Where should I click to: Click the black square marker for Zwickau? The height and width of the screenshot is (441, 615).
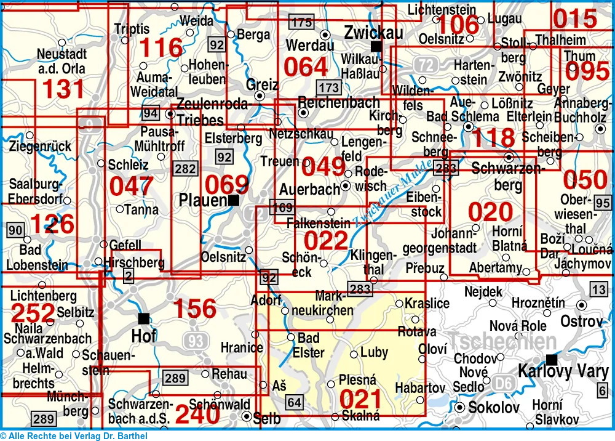(x=375, y=46)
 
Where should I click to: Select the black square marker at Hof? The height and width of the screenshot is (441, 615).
(x=144, y=318)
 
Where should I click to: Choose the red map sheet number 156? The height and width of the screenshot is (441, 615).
(x=194, y=310)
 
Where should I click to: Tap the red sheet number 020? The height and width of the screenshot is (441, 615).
(x=490, y=212)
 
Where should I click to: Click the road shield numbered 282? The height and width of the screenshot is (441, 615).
(x=186, y=169)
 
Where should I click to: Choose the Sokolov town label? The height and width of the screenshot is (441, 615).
(x=494, y=407)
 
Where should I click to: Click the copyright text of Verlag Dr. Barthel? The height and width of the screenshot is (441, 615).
(x=74, y=436)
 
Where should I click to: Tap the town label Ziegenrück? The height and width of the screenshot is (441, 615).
(x=41, y=147)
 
